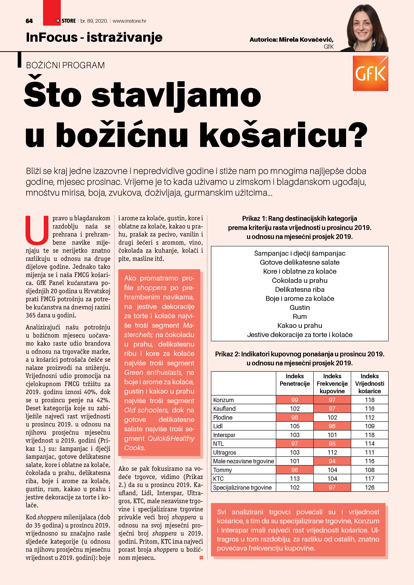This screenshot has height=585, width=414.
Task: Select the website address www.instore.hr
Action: pyautogui.click(x=129, y=21)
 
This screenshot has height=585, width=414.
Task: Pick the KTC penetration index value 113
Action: pyautogui.click(x=295, y=478)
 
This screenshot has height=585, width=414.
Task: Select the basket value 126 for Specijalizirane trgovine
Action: pyautogui.click(x=369, y=487)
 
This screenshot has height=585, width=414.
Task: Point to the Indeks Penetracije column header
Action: pyautogui.click(x=295, y=380)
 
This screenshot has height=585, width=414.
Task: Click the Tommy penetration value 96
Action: pyautogui.click(x=295, y=470)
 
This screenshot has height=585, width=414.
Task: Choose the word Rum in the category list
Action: pyautogui.click(x=299, y=317)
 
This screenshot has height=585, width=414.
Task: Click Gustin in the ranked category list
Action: pyautogui.click(x=299, y=308)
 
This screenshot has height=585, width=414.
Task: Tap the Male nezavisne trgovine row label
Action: pyautogui.click(x=243, y=461)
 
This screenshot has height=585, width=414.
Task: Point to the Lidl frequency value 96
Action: pyautogui.click(x=332, y=426)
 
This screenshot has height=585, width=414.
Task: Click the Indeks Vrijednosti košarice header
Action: pyautogui.click(x=369, y=383)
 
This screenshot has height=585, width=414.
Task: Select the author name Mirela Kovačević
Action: pyautogui.click(x=306, y=40)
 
